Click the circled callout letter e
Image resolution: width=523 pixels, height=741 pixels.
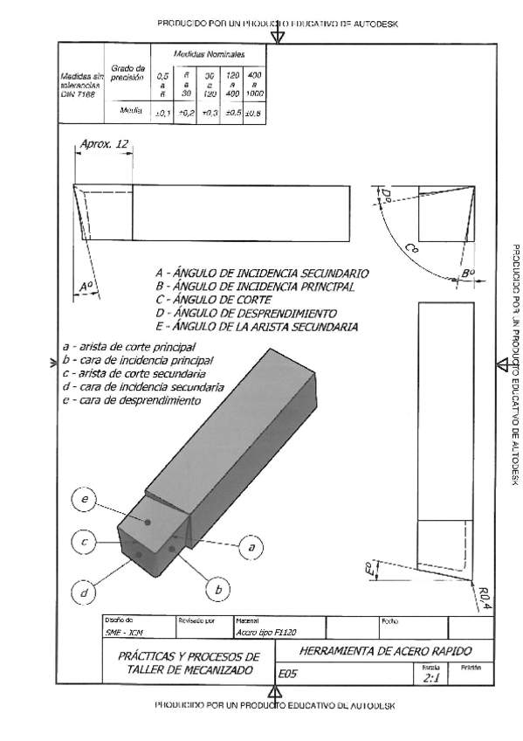pos(85,500)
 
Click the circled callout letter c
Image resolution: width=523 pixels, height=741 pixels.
pos(85,543)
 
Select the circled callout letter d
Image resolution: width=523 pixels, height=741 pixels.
pos(85,593)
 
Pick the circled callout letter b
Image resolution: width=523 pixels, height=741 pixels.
pos(217,590)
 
